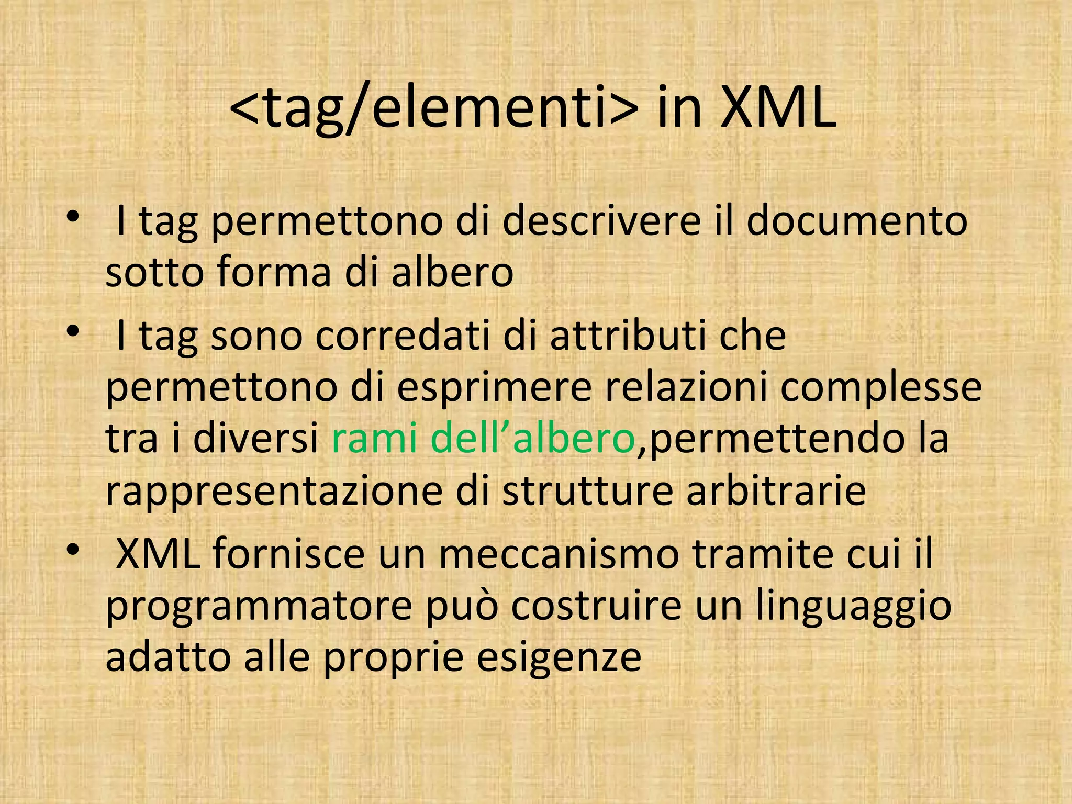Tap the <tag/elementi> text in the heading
pyautogui.click(x=434, y=109)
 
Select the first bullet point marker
pyautogui.click(x=73, y=216)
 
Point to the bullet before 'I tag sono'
pyautogui.click(x=73, y=331)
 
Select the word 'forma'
pyautogui.click(x=274, y=273)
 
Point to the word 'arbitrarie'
pyautogui.click(x=776, y=491)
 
